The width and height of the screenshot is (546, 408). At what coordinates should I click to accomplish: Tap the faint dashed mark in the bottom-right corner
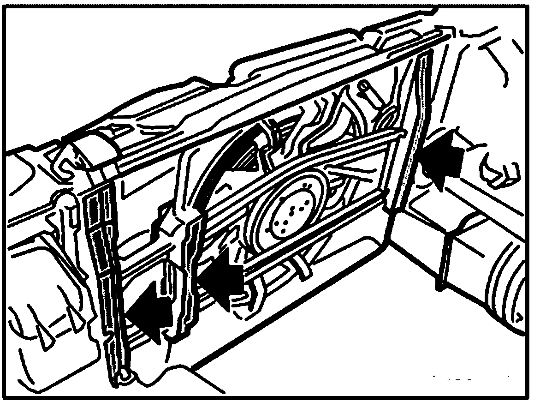pyautogui.click(x=470, y=378)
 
